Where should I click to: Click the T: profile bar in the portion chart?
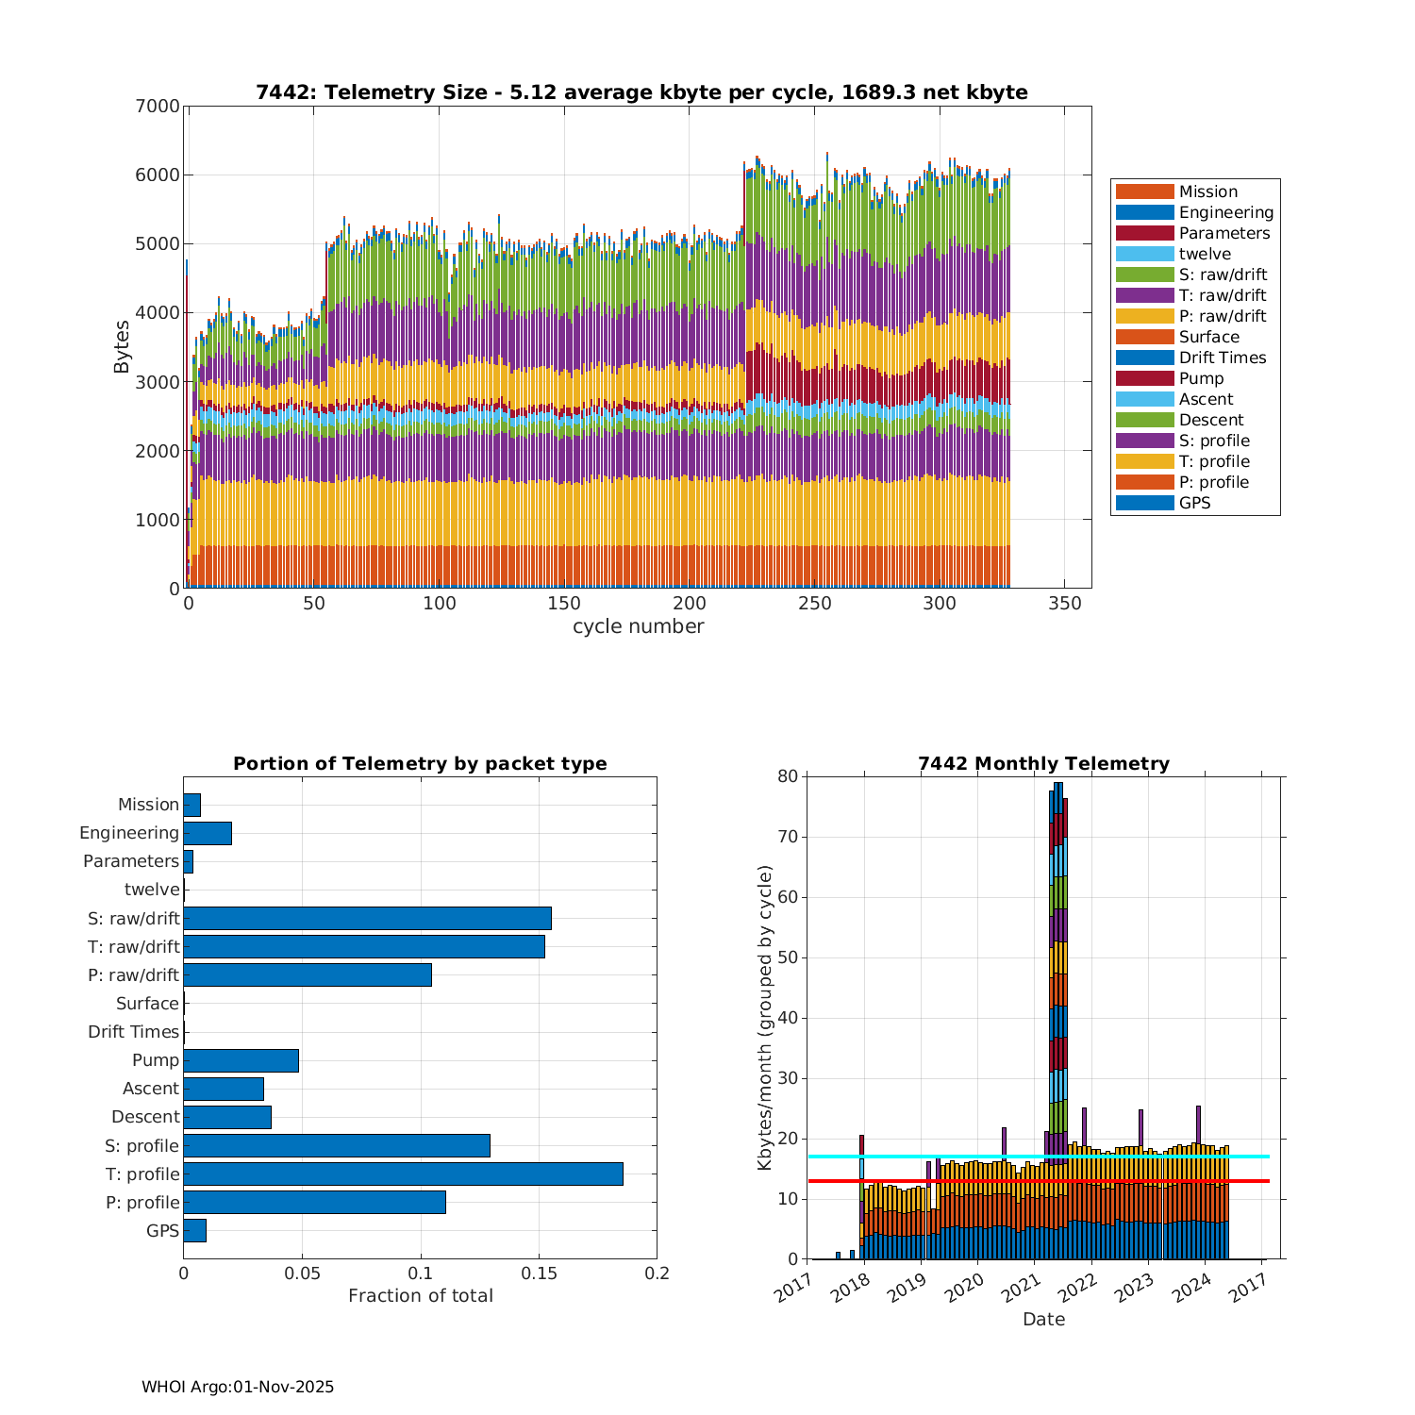tap(403, 1174)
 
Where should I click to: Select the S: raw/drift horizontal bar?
tap(367, 918)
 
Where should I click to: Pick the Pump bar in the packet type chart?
tap(241, 1060)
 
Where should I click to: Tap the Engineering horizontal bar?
tap(208, 833)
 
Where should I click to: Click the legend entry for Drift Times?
tap(1223, 358)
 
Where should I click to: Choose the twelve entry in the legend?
tap(1205, 254)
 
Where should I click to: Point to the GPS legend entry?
tap(1194, 503)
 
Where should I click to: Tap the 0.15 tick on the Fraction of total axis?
tap(539, 1273)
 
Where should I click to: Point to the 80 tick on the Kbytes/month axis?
tap(788, 776)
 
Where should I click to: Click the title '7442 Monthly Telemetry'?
tap(1043, 763)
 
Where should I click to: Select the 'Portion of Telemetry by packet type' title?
tap(420, 763)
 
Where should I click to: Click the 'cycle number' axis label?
tap(638, 626)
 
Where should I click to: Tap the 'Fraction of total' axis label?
tap(420, 1295)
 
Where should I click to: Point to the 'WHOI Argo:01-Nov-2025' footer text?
tap(238, 1387)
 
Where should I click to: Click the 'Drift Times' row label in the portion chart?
tap(133, 1032)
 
